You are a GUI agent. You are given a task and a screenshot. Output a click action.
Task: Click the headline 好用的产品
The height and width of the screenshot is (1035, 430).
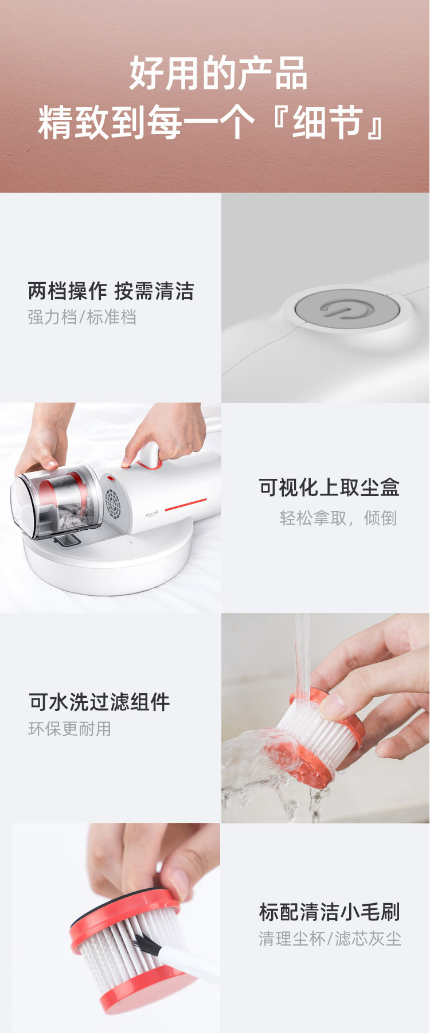pyautogui.click(x=218, y=73)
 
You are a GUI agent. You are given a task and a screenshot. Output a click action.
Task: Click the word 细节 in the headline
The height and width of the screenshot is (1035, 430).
pyautogui.click(x=328, y=123)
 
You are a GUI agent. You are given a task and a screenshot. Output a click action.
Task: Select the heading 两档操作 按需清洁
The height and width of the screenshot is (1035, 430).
pyautogui.click(x=111, y=291)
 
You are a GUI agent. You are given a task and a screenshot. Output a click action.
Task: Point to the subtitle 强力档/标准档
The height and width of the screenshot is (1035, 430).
pyautogui.click(x=82, y=317)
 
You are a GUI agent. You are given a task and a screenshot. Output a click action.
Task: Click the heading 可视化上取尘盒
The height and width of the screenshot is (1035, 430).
pyautogui.click(x=329, y=487)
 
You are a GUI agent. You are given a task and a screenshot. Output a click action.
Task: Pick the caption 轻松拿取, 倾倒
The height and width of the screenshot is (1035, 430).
pyautogui.click(x=338, y=518)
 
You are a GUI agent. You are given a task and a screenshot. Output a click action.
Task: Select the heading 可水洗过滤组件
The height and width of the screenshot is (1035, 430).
pyautogui.click(x=100, y=702)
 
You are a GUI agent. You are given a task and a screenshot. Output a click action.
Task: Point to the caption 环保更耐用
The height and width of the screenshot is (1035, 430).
pyautogui.click(x=70, y=729)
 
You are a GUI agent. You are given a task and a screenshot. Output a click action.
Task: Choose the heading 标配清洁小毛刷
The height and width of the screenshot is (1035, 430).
pyautogui.click(x=329, y=912)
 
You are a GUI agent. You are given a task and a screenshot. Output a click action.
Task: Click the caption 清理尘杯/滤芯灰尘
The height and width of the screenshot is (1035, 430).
pyautogui.click(x=330, y=939)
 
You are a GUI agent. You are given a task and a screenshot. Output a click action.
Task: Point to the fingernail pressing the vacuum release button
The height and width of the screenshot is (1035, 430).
pyautogui.click(x=126, y=462)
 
